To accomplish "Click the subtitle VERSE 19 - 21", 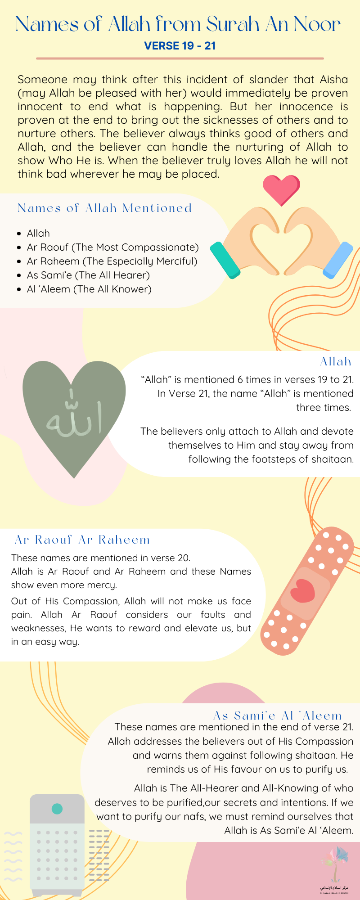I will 180,45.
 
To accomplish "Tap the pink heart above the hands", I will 281,189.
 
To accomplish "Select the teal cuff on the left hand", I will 225,261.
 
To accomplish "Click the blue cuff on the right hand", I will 338,260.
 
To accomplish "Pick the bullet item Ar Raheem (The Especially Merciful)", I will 112,261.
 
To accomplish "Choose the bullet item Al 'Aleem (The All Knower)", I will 89,289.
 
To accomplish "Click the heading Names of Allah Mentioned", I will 104,208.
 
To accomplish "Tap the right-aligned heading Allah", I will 335,361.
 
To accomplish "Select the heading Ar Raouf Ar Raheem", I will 82,540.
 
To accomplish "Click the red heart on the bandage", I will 302,590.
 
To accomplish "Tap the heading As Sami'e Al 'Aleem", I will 277,715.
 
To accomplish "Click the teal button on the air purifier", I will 57,809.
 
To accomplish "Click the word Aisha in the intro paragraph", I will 334,80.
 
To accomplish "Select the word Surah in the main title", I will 233,24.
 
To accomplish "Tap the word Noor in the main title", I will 317,24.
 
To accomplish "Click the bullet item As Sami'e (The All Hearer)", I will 88,275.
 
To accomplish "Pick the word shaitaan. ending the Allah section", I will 333,459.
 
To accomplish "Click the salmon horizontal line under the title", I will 180,58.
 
